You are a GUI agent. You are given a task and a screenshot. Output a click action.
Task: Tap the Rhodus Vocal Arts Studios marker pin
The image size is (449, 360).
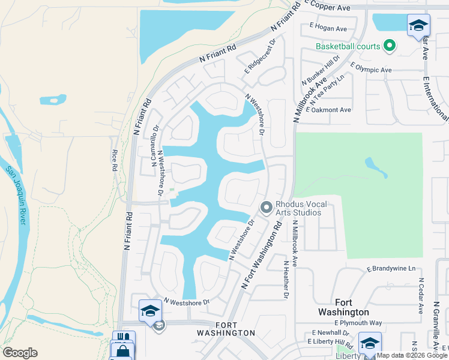click(x=266, y=208)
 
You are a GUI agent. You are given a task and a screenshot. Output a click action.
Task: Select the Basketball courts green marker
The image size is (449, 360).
click(x=389, y=46)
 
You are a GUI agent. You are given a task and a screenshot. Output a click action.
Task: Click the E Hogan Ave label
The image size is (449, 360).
click(x=328, y=28)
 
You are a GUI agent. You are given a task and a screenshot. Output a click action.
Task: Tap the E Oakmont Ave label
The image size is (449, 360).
click(x=328, y=110)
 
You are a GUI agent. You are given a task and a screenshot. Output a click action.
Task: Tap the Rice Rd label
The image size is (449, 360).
click(x=113, y=161)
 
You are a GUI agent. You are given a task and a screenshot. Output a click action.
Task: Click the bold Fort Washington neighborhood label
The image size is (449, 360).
click(x=352, y=307)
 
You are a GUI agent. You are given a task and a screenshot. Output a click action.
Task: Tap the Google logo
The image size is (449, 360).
click(x=20, y=353)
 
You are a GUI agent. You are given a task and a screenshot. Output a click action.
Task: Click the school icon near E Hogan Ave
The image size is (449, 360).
click(x=418, y=25)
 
